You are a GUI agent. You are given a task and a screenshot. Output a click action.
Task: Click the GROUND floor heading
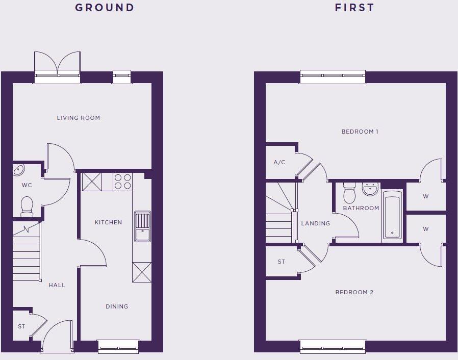click(x=105, y=8)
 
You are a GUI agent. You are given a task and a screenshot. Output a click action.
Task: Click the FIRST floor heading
click(x=354, y=8)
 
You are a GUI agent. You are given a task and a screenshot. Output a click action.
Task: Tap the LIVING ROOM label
click(x=79, y=118)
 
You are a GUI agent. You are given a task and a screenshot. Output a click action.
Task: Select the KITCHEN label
click(x=108, y=222)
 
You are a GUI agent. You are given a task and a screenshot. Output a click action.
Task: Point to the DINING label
click(x=117, y=306)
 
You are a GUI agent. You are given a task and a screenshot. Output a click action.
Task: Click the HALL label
click(x=57, y=285)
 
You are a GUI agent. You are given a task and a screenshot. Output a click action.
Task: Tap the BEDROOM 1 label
click(x=360, y=132)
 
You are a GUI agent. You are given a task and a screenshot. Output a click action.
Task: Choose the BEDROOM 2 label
click(x=354, y=292)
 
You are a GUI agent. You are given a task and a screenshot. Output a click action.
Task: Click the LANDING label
click(x=316, y=223)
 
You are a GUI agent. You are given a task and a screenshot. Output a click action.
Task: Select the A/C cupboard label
click(x=279, y=163)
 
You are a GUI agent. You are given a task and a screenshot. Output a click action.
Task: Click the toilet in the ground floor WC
click(x=27, y=205)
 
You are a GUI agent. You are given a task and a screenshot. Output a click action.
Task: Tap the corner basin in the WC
click(x=19, y=170)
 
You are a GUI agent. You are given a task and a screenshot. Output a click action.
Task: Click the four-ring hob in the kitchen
click(x=122, y=182)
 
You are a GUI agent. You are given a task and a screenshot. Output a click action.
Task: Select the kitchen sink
click(x=142, y=226)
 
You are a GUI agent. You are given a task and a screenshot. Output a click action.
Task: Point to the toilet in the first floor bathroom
click(x=349, y=193)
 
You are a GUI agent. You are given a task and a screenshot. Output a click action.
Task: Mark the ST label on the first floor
click(x=282, y=262)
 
